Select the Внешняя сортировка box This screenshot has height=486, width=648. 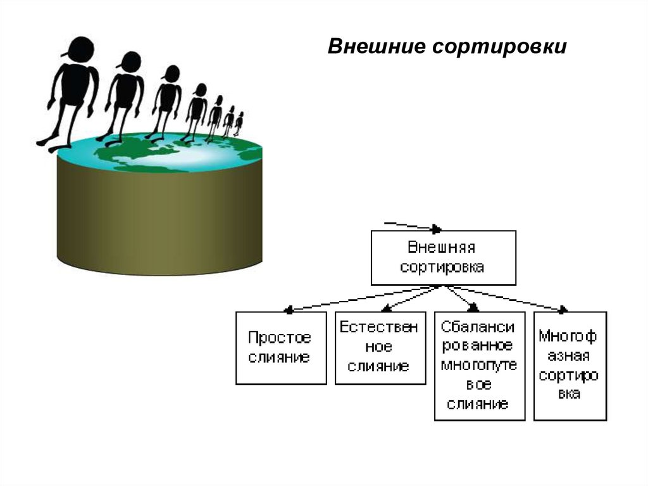click(443, 257)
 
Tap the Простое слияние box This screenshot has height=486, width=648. click(281, 348)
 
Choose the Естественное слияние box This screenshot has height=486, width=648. click(380, 348)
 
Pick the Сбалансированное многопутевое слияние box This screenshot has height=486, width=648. click(479, 366)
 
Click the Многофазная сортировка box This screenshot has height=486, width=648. click(570, 366)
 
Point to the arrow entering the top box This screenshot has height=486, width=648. click(411, 226)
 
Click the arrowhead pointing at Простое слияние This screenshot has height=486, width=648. click(289, 310)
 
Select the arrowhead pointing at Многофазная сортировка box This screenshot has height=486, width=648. click(562, 310)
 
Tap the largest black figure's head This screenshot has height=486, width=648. click(81, 49)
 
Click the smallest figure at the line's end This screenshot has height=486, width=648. click(239, 124)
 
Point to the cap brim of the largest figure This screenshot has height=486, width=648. click(65, 54)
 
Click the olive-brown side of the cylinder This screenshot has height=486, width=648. click(158, 215)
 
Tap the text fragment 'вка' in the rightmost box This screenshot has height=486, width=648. click(569, 393)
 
